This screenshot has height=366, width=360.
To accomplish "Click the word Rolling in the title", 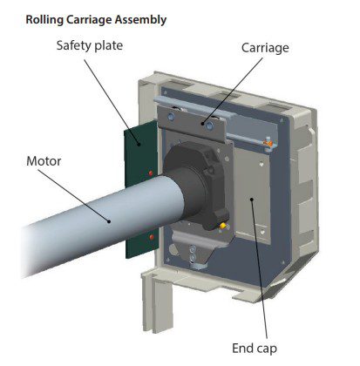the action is tap(44, 20).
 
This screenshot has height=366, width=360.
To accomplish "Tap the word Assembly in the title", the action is tap(140, 20).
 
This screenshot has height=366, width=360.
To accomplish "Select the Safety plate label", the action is tap(90, 45).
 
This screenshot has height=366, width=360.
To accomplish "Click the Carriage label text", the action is tap(265, 48).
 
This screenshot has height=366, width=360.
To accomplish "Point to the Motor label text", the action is tap(44, 161).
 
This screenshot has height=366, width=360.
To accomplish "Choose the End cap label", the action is tap(255, 349).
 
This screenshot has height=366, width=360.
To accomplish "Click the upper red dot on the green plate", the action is tap(151, 173).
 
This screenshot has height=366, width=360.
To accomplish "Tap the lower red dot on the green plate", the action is tap(152, 237).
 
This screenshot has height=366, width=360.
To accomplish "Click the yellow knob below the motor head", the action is tap(223, 226).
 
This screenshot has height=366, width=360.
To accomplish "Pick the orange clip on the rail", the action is tap(268, 143).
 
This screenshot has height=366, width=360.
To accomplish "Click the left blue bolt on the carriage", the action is tap(171, 117).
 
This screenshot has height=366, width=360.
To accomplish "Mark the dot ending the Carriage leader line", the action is tap(203, 123).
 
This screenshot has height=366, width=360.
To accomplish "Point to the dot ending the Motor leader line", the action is tap(109, 221).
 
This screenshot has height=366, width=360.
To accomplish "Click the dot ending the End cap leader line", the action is tap(252, 200).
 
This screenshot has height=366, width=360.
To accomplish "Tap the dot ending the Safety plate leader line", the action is tap(139, 144).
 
